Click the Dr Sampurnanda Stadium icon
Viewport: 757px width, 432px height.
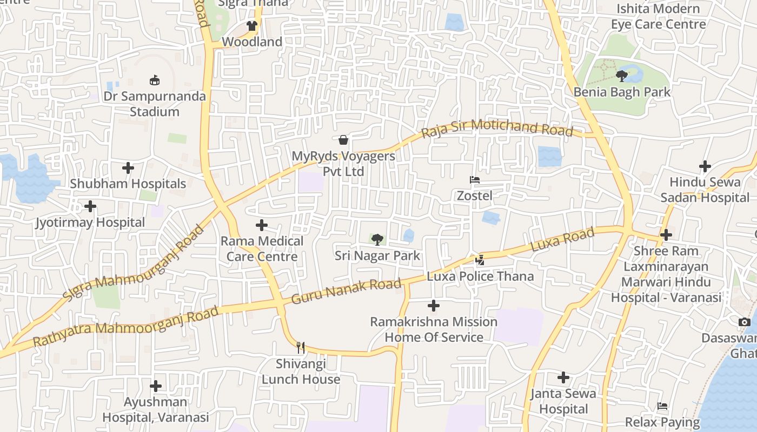[155, 80]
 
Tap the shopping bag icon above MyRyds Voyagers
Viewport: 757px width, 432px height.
[343, 140]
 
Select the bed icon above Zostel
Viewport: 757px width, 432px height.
[475, 180]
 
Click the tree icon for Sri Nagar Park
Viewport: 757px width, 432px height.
[377, 239]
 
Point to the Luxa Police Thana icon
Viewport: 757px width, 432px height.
[480, 260]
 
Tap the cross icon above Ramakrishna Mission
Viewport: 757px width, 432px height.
[433, 306]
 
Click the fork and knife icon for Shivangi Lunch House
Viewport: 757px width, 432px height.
[301, 348]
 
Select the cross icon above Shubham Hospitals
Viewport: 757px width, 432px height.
[128, 168]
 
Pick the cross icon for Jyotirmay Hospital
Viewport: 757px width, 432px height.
[90, 206]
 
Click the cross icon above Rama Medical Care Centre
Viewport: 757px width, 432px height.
[262, 225]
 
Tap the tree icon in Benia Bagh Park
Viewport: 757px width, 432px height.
[622, 76]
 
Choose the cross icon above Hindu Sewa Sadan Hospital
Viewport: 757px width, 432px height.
[705, 166]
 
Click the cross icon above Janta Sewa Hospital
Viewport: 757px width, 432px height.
[563, 377]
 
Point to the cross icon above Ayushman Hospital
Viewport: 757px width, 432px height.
[156, 386]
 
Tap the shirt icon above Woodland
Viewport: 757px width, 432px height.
[251, 25]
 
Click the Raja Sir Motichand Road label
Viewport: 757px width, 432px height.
[497, 128]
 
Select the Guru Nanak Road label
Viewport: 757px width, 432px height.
[346, 291]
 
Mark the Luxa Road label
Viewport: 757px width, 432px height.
[562, 240]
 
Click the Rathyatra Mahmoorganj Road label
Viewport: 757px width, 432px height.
[125, 327]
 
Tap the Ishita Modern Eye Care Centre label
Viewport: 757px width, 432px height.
[658, 17]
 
